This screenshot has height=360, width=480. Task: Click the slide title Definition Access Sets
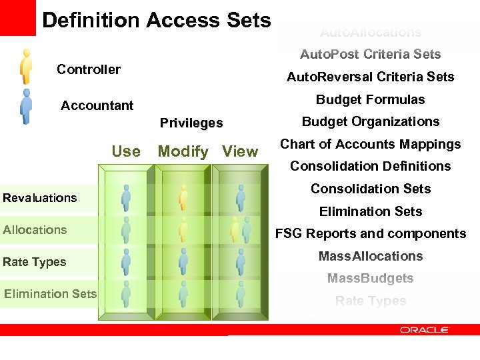156,20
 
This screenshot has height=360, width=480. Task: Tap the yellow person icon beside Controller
26,66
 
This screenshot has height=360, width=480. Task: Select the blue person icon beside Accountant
26,106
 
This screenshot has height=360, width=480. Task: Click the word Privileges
191,123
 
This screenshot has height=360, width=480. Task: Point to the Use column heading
126,151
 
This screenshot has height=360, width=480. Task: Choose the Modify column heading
183,151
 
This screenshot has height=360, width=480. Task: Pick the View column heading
240,151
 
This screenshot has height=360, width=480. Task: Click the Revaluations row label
40,198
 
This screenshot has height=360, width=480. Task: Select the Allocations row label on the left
35,230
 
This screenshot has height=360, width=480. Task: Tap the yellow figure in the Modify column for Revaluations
183,198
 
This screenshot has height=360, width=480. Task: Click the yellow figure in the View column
235,229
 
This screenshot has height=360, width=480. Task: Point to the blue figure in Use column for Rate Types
126,261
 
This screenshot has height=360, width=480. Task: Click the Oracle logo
425,329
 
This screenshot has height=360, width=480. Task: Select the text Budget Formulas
370,99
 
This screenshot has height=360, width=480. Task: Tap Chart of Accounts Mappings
370,144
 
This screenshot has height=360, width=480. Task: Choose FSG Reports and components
370,233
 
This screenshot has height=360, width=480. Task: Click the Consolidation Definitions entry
370,166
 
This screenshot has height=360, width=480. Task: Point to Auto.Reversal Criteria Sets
370,77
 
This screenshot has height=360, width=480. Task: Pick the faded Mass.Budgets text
370,278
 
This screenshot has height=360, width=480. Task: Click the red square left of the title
17,17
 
